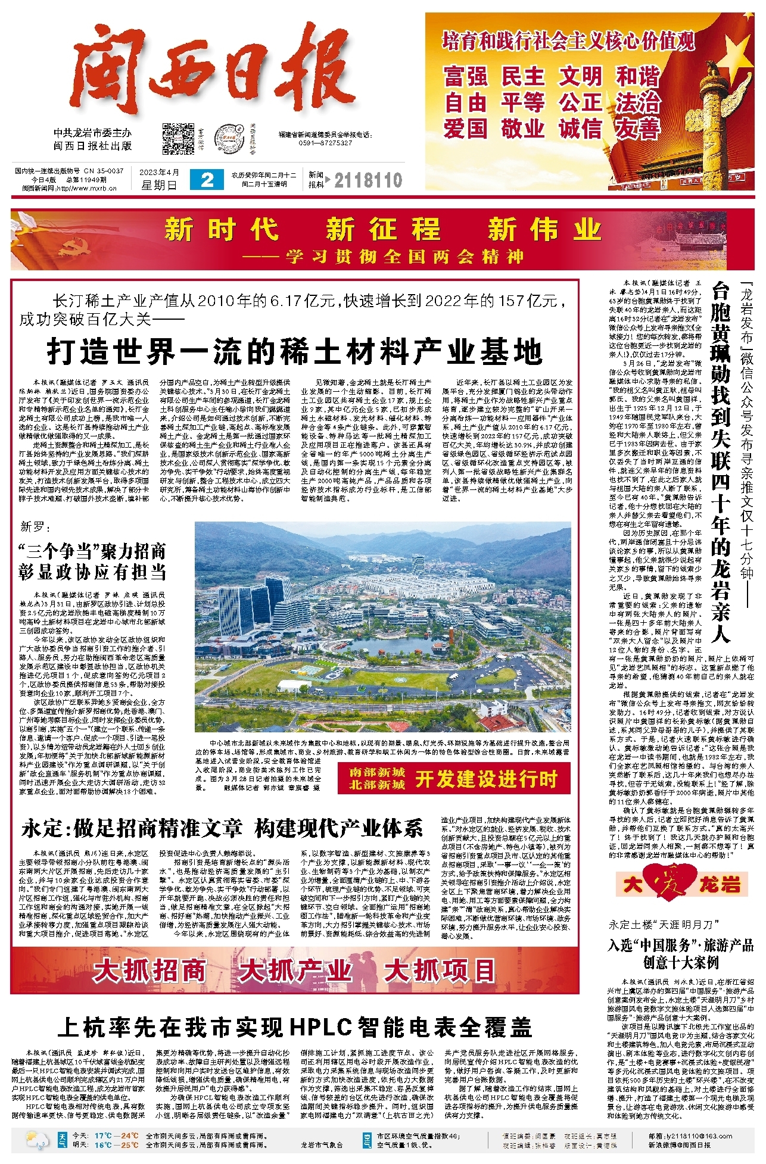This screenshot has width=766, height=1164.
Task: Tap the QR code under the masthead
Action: (178, 138)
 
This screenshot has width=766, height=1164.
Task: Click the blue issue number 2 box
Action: (207, 180)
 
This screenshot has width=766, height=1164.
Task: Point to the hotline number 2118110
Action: (368, 180)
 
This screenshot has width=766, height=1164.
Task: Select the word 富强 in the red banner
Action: (466, 77)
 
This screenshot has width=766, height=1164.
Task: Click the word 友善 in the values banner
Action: (638, 129)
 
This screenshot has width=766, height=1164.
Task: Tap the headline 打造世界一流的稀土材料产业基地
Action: (295, 351)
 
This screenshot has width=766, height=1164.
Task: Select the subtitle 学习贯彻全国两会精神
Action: (404, 257)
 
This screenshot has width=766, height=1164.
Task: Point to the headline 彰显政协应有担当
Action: (92, 572)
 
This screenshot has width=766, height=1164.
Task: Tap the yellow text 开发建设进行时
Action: (486, 779)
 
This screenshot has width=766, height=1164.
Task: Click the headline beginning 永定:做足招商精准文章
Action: (222, 828)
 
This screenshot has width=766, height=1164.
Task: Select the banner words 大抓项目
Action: (440, 970)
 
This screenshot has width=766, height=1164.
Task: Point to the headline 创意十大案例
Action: (681, 962)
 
